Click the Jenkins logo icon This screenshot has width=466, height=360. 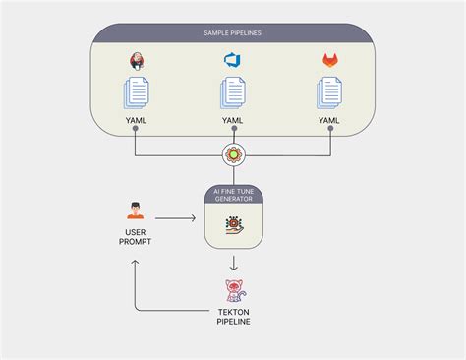click(x=137, y=61)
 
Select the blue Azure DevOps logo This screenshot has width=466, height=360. click(x=233, y=61)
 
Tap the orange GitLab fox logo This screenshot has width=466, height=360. click(x=329, y=61)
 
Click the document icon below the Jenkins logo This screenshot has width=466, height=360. click(x=137, y=95)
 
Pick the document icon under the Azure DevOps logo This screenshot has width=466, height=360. click(x=233, y=95)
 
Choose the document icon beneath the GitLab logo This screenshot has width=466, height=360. click(x=329, y=95)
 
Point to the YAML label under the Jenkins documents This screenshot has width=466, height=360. click(x=137, y=122)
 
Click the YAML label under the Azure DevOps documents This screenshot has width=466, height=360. click(x=233, y=122)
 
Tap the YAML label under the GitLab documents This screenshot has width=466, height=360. click(x=329, y=122)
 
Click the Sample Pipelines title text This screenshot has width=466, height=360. click(x=233, y=33)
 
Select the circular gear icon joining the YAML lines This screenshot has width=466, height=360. click(x=233, y=154)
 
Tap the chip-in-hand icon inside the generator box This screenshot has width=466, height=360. click(x=233, y=226)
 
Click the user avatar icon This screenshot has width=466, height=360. click(x=136, y=210)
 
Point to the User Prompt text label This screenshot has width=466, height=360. click(x=136, y=237)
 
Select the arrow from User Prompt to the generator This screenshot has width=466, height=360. click(x=175, y=219)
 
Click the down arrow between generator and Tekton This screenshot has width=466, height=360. click(x=233, y=264)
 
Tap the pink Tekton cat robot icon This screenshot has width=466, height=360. click(x=233, y=291)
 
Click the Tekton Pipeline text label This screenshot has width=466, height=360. click(x=233, y=318)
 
